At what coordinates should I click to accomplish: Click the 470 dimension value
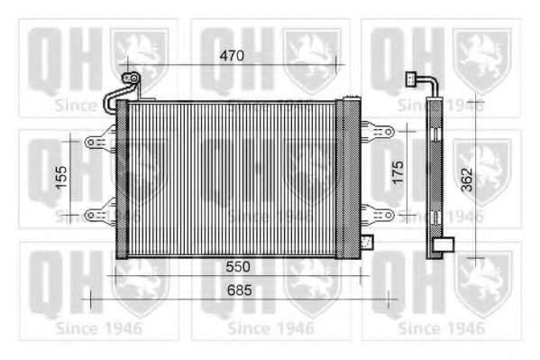233,56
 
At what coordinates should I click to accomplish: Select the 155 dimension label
60,177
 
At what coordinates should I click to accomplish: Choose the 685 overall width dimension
236,291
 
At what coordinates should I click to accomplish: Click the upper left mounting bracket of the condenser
99,143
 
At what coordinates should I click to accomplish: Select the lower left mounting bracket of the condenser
99,213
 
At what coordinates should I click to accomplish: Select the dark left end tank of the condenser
122,179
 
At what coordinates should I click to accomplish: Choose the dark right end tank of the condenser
347,179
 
